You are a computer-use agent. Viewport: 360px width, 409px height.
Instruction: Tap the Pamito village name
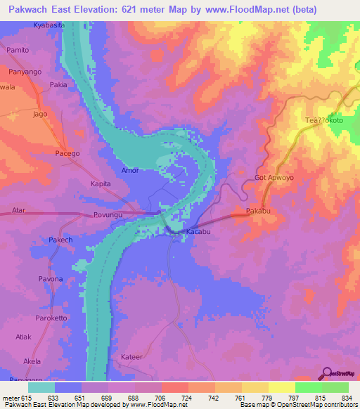pos(18,51)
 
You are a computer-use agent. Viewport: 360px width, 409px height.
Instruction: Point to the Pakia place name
pos(58,85)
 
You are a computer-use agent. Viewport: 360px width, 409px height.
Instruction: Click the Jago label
pos(40,113)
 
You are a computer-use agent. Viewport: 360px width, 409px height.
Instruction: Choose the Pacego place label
pos(67,153)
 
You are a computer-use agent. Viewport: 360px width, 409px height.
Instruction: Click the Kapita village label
pos(102,183)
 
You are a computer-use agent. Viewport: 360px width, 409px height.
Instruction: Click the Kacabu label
pos(199,231)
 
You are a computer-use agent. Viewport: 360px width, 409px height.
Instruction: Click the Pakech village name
pos(60,240)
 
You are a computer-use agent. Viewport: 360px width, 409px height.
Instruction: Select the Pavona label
pos(50,279)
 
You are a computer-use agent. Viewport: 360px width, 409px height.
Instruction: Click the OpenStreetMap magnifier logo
pos(327,372)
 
